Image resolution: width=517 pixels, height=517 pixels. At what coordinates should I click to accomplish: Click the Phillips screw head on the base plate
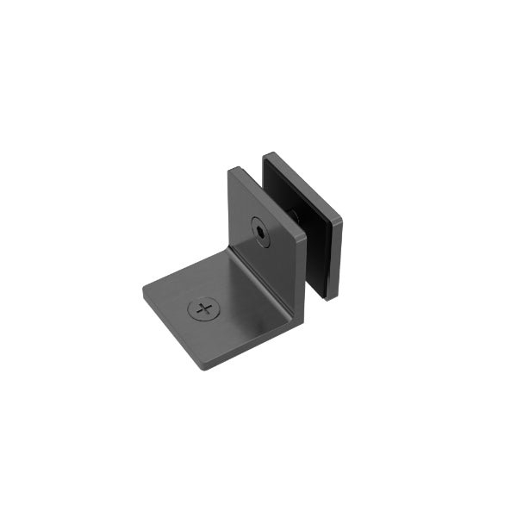tap(204, 308)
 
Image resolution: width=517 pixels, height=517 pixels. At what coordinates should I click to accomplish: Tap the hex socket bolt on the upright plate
tap(260, 230)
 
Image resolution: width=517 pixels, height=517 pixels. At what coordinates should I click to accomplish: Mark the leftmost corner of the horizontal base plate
tap(143, 294)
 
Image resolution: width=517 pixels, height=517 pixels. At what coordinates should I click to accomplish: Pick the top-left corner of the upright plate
tap(230, 170)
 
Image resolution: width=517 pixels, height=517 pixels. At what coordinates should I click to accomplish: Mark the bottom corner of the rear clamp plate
tap(329, 298)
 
